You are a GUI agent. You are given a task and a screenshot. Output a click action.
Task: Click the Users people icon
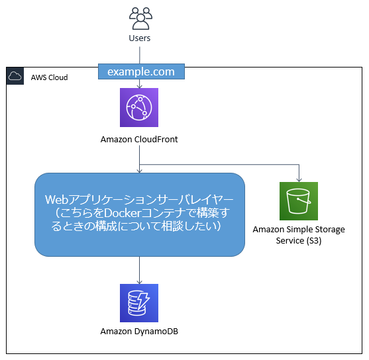pos(140,19)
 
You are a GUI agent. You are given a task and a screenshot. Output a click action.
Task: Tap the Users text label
pos(140,38)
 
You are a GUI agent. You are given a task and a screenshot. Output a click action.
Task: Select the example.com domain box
pos(141,71)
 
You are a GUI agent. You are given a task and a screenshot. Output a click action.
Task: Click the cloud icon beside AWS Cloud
pos(15,76)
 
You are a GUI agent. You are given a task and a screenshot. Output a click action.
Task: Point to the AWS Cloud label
pos(50,77)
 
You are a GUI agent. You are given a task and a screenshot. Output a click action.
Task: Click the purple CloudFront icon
pos(139,107)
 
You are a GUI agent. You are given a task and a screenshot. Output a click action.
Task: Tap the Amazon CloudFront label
pos(139,140)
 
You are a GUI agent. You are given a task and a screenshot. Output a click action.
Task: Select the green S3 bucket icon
pos(299,201)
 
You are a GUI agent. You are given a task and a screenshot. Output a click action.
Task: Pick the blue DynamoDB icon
pos(139,303)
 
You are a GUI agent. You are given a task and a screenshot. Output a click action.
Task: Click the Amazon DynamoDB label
pos(139,332)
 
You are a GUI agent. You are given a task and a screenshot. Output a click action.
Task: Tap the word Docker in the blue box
pos(123,213)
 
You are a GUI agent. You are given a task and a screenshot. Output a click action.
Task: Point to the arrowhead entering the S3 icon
pos(299,180)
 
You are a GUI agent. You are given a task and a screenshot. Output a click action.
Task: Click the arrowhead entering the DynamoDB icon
pos(139,282)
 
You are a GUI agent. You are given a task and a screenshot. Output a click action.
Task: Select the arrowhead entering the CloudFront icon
pos(140,86)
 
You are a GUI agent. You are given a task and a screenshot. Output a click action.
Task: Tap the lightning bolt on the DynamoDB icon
pos(143,300)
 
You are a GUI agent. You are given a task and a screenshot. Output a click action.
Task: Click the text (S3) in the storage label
pos(314,241)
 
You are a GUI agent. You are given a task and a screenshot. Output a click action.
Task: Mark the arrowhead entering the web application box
pos(140,171)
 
